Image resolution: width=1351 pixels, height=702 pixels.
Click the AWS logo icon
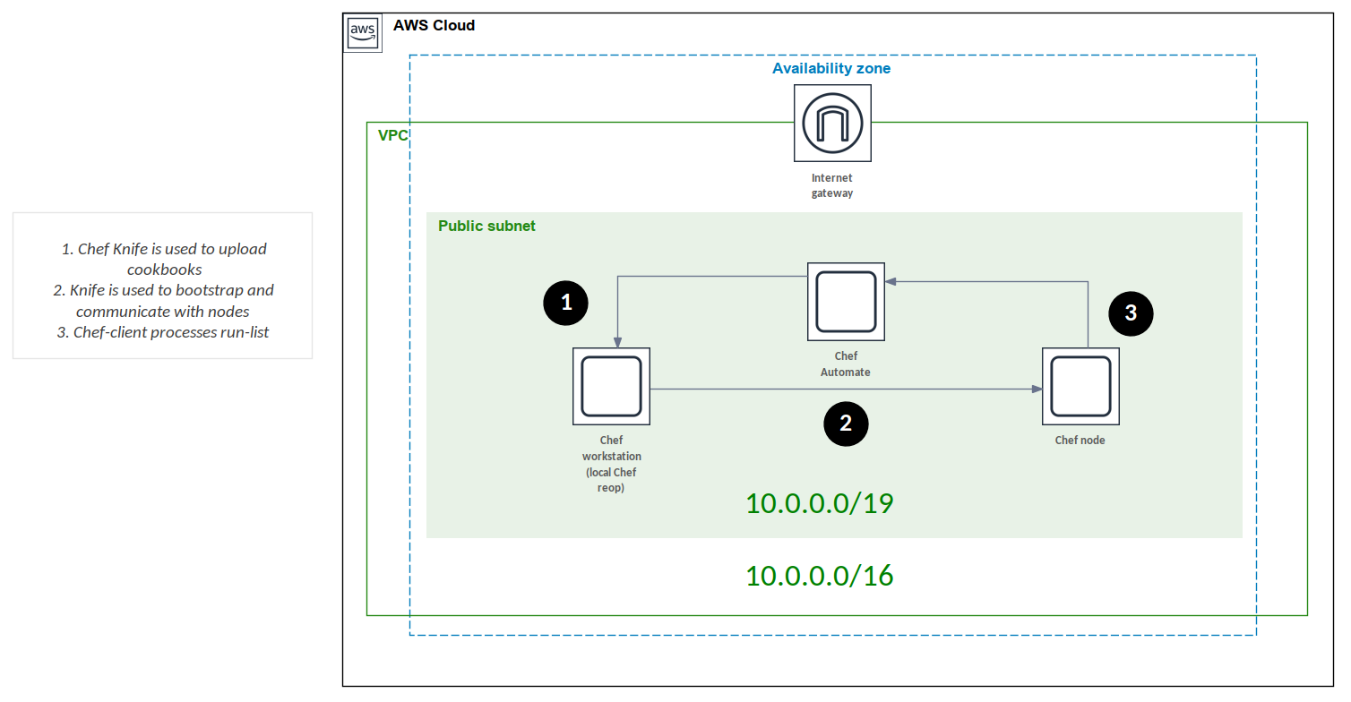coord(363,33)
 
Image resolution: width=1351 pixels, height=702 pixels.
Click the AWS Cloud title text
coord(434,25)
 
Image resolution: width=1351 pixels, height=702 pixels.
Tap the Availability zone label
coord(831,68)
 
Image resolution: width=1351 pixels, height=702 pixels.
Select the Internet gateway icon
coord(832,123)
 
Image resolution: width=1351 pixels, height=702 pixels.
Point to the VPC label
coord(392,135)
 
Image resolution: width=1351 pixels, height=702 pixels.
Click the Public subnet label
coord(486,226)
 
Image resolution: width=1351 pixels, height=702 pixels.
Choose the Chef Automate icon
coord(846,301)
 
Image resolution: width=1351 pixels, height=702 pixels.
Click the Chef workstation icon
coord(611,386)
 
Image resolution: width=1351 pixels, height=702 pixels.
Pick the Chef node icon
coord(1080,386)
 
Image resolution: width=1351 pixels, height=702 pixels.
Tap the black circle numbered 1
coord(566,303)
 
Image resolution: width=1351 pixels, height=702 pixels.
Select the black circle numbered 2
coord(846,424)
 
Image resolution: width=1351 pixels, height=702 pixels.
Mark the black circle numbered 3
coord(1131,312)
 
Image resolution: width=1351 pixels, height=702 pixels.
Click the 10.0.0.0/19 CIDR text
coord(819,503)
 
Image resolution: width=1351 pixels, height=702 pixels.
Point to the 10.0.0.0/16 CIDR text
coord(819,575)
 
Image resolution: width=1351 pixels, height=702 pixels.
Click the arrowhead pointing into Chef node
coord(1037,390)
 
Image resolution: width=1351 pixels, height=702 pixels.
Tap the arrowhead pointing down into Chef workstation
coord(616,342)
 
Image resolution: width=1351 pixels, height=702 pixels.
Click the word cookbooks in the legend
coord(164,270)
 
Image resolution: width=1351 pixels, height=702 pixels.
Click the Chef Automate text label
coord(845,364)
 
